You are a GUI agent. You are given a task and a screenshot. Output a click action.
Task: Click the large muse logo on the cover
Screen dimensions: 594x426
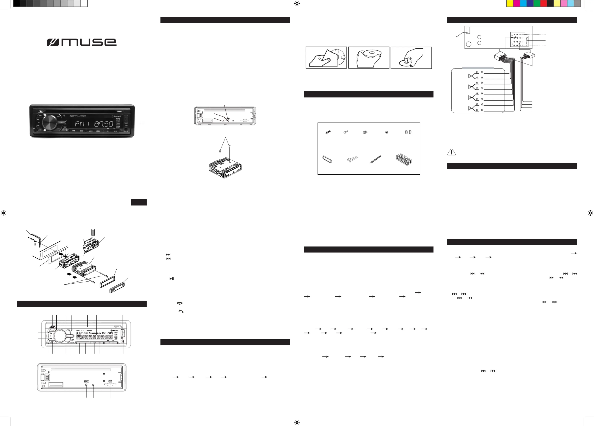click(x=82, y=42)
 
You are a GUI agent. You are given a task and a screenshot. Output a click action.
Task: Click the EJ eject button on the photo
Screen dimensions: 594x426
click(x=41, y=111)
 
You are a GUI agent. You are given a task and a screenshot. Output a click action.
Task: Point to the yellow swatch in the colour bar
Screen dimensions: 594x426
click(x=510, y=3)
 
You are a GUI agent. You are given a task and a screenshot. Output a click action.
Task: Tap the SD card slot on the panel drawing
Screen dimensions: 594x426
click(x=110, y=385)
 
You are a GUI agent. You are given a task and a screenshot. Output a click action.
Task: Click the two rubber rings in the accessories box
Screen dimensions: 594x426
click(x=408, y=132)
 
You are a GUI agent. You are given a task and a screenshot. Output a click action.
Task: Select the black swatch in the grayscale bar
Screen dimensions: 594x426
click(x=16, y=3)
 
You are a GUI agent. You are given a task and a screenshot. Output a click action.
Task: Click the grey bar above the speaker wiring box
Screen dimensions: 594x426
click(x=478, y=68)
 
